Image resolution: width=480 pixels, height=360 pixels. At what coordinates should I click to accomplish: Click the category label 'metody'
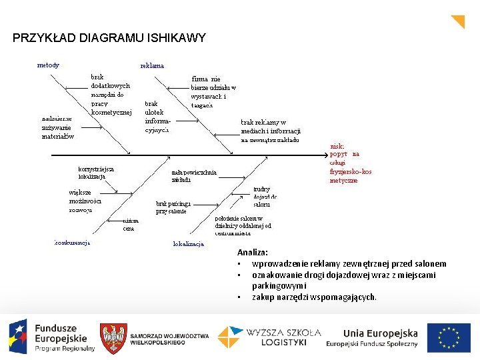tap(48, 65)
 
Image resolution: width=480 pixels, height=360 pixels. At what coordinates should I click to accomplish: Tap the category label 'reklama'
tap(152, 66)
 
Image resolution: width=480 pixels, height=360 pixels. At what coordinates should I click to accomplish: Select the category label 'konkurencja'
tap(72, 242)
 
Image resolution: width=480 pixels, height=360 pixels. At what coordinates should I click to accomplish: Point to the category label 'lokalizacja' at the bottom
tap(188, 244)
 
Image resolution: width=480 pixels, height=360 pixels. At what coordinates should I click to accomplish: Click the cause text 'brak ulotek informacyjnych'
tap(158, 117)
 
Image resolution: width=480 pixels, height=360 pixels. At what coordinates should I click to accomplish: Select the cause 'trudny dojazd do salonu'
tap(265, 197)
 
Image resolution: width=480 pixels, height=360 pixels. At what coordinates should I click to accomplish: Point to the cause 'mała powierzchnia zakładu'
tap(193, 175)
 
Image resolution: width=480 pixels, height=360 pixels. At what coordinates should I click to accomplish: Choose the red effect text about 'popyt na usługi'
tap(351, 163)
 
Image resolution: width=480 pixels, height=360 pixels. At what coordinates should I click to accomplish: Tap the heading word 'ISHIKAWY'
tap(179, 38)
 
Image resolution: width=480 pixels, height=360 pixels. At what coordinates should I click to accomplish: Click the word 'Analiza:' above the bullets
tap(253, 253)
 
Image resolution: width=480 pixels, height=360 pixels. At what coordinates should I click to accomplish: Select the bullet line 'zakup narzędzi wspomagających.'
tap(314, 297)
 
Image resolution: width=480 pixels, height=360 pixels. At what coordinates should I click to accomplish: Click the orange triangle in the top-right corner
tap(459, 21)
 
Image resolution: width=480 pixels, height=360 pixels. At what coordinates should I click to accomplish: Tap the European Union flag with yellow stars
tap(449, 338)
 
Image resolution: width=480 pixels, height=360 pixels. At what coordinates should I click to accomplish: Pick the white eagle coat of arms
tap(113, 339)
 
